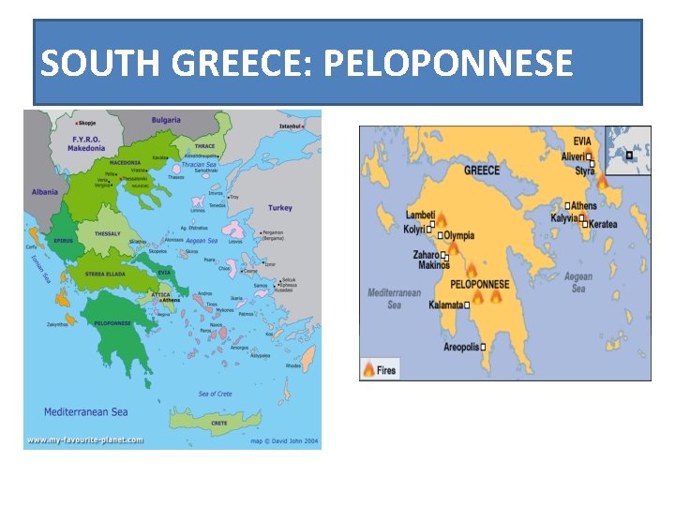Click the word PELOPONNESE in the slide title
click(x=446, y=64)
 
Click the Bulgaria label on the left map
click(x=166, y=120)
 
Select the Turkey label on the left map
click(x=279, y=208)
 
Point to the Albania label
click(x=44, y=191)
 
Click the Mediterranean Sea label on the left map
click(x=85, y=411)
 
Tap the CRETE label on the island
click(x=218, y=423)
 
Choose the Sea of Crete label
click(x=215, y=394)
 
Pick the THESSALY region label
click(x=108, y=234)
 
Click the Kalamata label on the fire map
click(x=446, y=305)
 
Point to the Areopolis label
click(x=461, y=347)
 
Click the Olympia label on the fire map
click(x=458, y=236)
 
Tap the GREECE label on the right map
click(x=482, y=171)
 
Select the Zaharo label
click(x=427, y=254)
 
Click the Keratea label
click(x=603, y=225)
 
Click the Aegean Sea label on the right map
click(x=577, y=282)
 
